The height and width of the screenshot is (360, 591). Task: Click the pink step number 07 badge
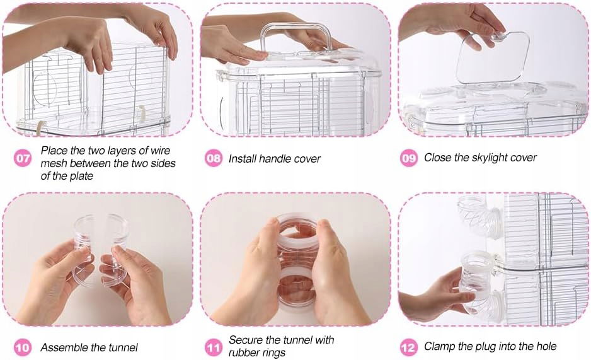click(23, 158)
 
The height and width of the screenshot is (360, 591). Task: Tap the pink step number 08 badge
click(214, 158)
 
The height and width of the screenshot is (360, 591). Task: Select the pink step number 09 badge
click(408, 158)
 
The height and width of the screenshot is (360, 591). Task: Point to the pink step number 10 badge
click(23, 347)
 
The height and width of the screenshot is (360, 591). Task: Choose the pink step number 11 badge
click(214, 347)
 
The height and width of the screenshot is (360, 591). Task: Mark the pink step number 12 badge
click(408, 347)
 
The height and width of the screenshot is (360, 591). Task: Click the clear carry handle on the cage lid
click(297, 36)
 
